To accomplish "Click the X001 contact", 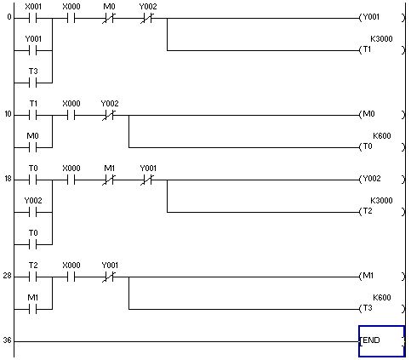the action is [33, 19].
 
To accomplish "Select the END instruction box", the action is [381, 341].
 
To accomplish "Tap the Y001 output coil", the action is [382, 18].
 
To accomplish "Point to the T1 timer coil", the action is [382, 50].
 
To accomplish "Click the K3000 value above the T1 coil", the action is [381, 38].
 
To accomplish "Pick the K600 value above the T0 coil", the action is [382, 135].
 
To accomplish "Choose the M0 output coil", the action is [382, 115].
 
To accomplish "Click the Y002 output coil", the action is [382, 180].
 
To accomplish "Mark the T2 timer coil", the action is [382, 212].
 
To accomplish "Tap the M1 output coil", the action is [382, 277].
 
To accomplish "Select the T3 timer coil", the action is [382, 309].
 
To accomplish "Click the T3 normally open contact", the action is [33, 83].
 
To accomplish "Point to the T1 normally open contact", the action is [33, 116].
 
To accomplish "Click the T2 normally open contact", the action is [33, 277].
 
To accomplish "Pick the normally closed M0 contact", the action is [109, 19].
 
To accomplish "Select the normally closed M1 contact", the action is [109, 180].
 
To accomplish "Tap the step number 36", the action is [7, 340].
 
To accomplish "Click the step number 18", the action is [8, 179].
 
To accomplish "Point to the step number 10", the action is [8, 114].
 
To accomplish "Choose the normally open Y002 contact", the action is [33, 213].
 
